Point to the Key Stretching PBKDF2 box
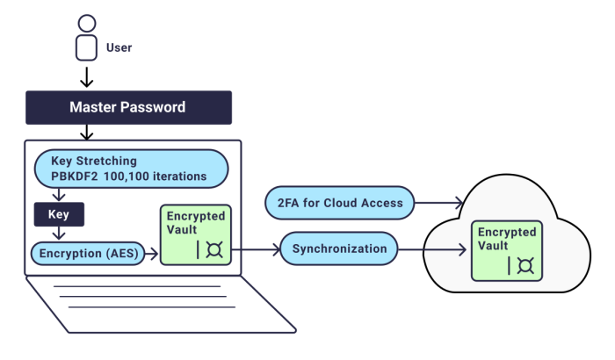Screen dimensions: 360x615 pyautogui.click(x=130, y=168)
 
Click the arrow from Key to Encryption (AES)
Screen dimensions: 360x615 pyautogui.click(x=57, y=232)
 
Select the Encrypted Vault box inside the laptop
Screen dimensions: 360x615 pyautogui.click(x=192, y=233)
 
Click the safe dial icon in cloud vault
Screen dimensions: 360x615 pyautogui.click(x=525, y=265)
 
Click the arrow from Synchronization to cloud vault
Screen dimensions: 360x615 pyautogui.click(x=434, y=249)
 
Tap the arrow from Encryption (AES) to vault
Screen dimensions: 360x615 pyautogui.click(x=148, y=253)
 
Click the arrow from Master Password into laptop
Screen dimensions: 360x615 pyautogui.click(x=85, y=132)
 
